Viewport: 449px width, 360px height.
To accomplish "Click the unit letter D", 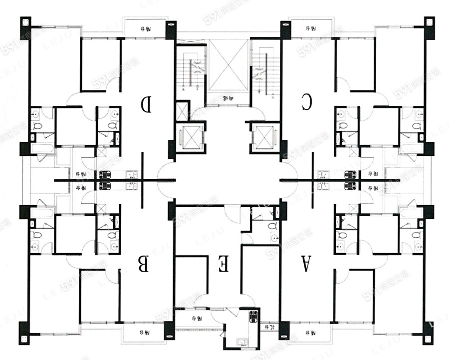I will click(146, 104).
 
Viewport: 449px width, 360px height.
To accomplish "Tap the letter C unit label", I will click(306, 102).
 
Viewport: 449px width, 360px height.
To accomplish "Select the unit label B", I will click(144, 264).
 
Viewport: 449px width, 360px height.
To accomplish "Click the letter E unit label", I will click(224, 263).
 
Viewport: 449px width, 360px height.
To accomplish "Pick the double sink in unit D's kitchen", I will click(131, 174).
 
